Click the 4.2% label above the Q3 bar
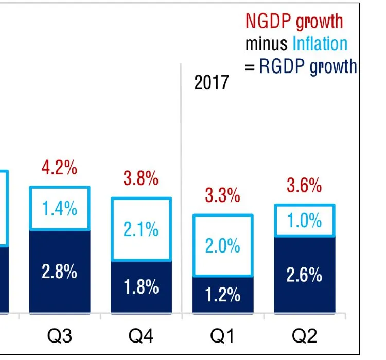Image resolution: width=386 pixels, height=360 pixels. (x=60, y=168)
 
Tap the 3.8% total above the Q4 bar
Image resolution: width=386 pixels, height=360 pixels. (x=141, y=178)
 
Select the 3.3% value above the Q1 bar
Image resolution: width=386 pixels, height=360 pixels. (x=222, y=195)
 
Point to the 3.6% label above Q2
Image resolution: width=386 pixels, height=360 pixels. (x=304, y=186)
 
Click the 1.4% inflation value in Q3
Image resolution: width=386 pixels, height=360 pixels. (x=60, y=209)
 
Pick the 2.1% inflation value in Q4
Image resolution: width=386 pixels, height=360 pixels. (x=141, y=229)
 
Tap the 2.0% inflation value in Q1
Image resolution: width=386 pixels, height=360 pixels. (x=223, y=246)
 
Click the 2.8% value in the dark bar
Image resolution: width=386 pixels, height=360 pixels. (x=60, y=272)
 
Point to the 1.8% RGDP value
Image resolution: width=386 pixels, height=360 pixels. (x=141, y=287)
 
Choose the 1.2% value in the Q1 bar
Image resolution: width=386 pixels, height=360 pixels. (x=223, y=295)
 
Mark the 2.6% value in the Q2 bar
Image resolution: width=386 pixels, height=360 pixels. (x=304, y=275)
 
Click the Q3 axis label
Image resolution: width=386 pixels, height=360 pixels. (x=60, y=336)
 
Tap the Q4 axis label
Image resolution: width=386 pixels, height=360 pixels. (x=141, y=336)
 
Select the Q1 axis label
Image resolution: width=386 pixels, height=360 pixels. (x=223, y=336)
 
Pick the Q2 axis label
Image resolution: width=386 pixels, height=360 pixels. (x=304, y=336)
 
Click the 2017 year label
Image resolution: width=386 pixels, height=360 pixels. (x=211, y=82)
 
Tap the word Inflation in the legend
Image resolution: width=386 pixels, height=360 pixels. (x=320, y=44)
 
